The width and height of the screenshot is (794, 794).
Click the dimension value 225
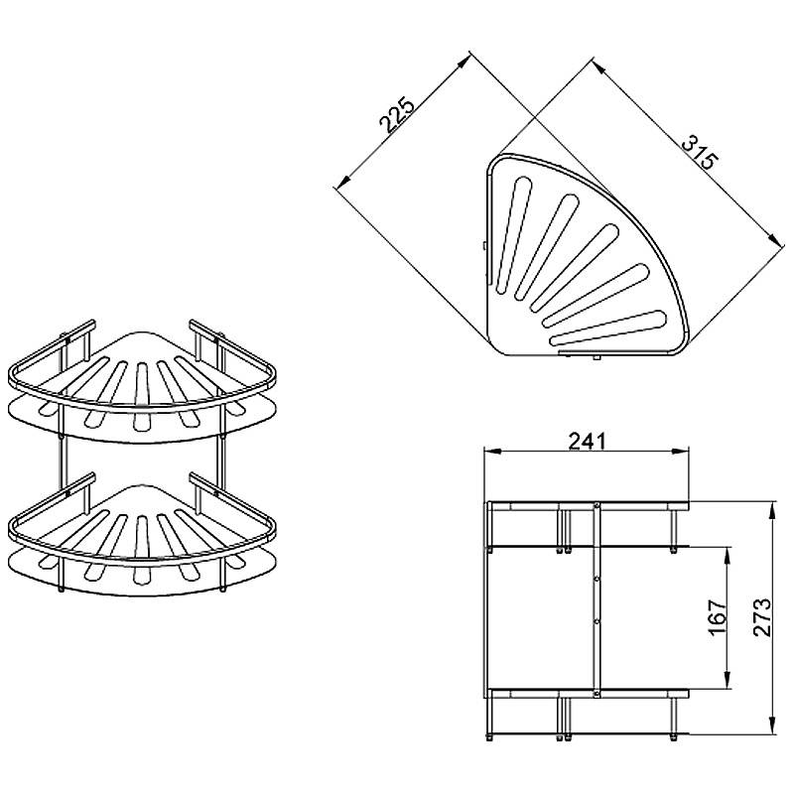[x=398, y=114]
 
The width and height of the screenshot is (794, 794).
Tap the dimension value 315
[x=701, y=152]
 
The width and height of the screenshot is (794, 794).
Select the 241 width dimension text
[x=587, y=441]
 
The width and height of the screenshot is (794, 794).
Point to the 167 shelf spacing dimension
[x=718, y=618]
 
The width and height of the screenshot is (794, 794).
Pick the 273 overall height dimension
[x=761, y=617]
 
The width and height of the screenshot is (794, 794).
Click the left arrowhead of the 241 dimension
[x=492, y=451]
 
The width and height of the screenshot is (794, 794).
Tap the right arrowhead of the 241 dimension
[x=681, y=451]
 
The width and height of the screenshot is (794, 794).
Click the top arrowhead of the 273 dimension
[x=772, y=510]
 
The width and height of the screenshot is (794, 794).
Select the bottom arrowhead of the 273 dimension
[x=772, y=726]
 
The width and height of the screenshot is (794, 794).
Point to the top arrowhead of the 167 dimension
[x=728, y=556]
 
